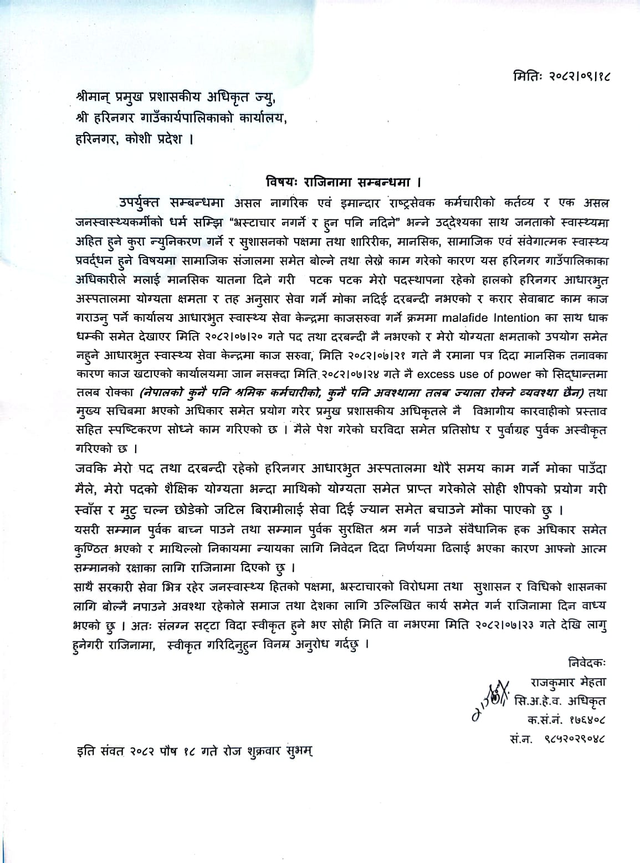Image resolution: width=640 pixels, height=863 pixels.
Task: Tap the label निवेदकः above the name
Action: tap(586, 662)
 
